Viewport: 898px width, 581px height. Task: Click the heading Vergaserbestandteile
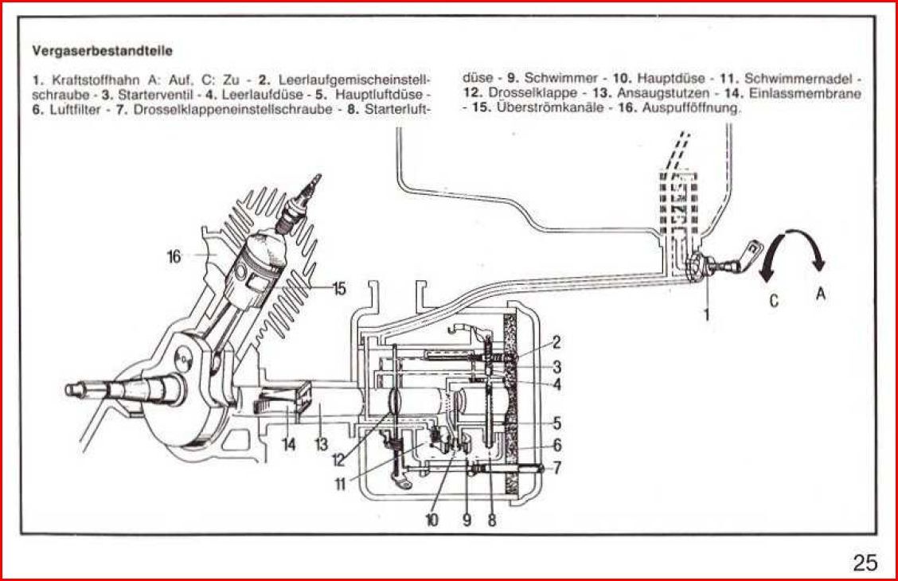click(103, 50)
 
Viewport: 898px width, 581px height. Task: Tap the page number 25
click(865, 563)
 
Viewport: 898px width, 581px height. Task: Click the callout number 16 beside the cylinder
click(174, 256)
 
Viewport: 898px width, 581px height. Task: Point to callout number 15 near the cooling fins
click(338, 289)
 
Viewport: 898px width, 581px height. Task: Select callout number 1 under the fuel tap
click(705, 314)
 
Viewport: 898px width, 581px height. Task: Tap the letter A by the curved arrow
click(821, 293)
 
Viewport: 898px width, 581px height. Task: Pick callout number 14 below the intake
click(288, 444)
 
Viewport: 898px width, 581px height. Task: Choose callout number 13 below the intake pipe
click(321, 444)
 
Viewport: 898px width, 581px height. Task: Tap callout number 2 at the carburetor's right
click(556, 343)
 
